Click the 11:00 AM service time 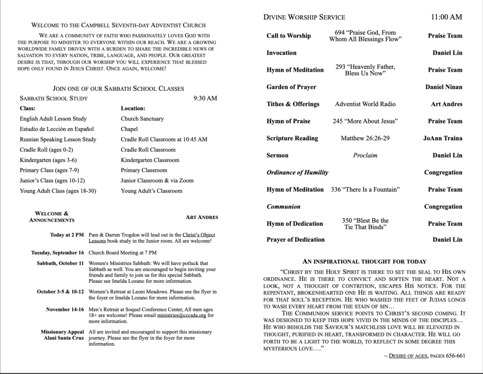coord(446,17)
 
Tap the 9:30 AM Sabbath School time coord(205,98)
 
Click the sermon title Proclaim coord(365,155)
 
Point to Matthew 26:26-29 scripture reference coord(365,138)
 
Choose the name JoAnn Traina coord(442,138)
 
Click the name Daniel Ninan coord(443,87)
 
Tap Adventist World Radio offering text coord(365,104)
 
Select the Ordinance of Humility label coord(297,172)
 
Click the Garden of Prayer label coord(291,87)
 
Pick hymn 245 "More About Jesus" coord(365,121)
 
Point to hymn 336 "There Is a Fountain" coord(365,189)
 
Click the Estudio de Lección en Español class coord(57,129)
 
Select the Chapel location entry coord(129,129)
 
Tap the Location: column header coord(133,108)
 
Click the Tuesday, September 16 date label coord(58,253)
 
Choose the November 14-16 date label coord(65,309)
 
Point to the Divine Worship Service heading coord(304,17)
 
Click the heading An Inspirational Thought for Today coord(364,261)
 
